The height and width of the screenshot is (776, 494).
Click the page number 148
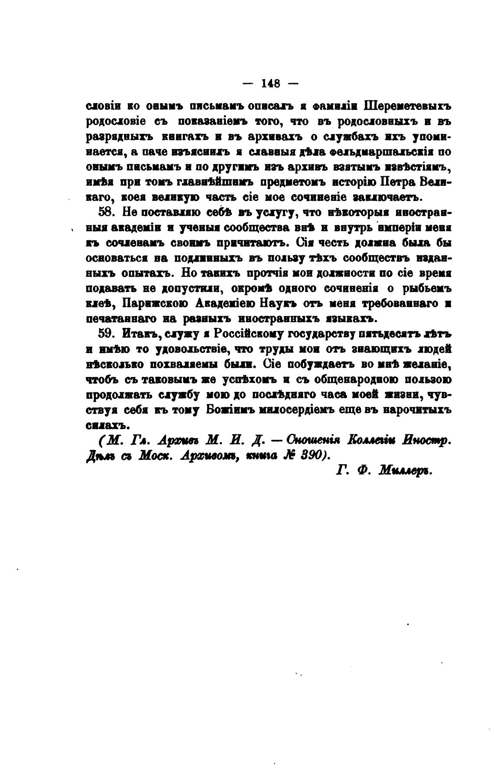pos(271,83)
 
